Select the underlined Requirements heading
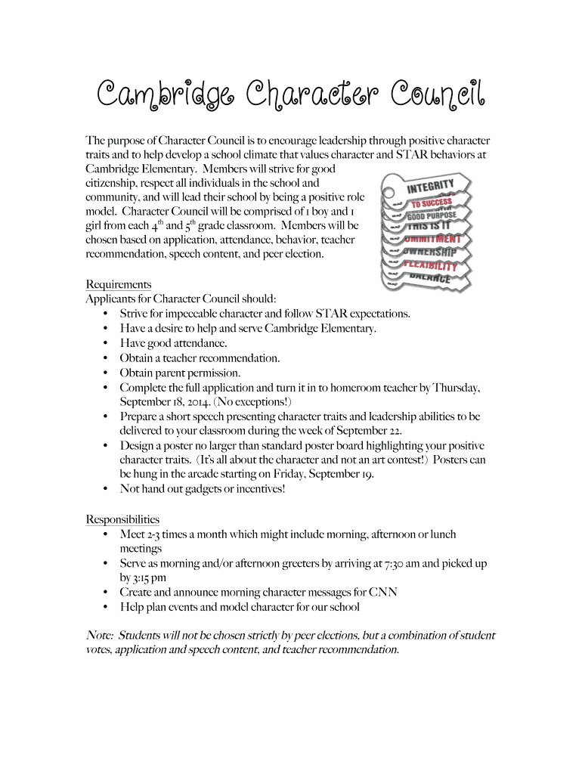[119, 284]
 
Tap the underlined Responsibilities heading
[122, 519]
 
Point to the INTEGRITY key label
[431, 184]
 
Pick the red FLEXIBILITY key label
[431, 265]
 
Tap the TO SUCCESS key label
[432, 202]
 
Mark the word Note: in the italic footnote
[100, 636]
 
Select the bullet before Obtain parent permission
[104, 373]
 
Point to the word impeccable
[186, 313]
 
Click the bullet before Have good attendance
[104, 343]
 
